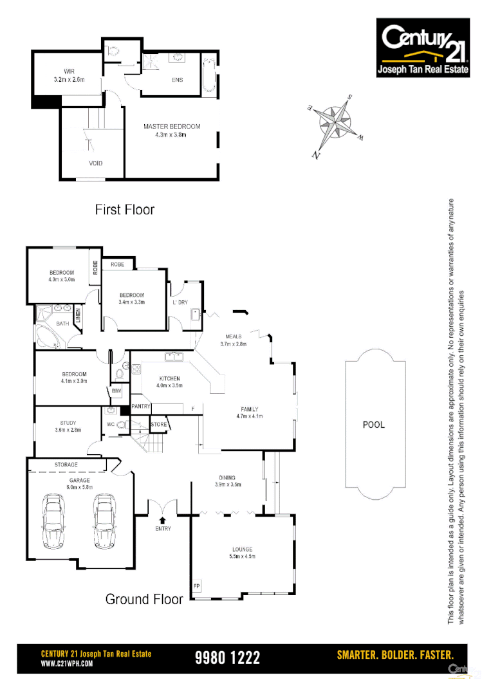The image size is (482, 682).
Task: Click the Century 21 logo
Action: coord(423,48)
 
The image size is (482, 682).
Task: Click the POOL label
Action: coord(373,425)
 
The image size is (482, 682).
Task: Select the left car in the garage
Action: coord(55,520)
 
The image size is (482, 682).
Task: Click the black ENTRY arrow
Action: coord(162,519)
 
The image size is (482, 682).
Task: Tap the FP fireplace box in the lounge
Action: coord(196,586)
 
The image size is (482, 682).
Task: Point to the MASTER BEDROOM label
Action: coord(172,127)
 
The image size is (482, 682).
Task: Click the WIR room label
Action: coord(69,71)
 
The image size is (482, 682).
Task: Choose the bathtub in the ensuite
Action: coord(210,78)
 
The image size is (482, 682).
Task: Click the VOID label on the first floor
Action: coord(95,163)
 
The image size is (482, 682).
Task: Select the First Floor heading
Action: coord(124,210)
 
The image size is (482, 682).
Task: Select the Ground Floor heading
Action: coord(144,599)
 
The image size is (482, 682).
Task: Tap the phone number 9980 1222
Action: coord(227,658)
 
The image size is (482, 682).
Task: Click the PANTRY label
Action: coord(141,406)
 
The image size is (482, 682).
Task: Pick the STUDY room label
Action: coord(68,423)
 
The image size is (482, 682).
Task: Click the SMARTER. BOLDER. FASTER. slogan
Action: coord(395,655)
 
